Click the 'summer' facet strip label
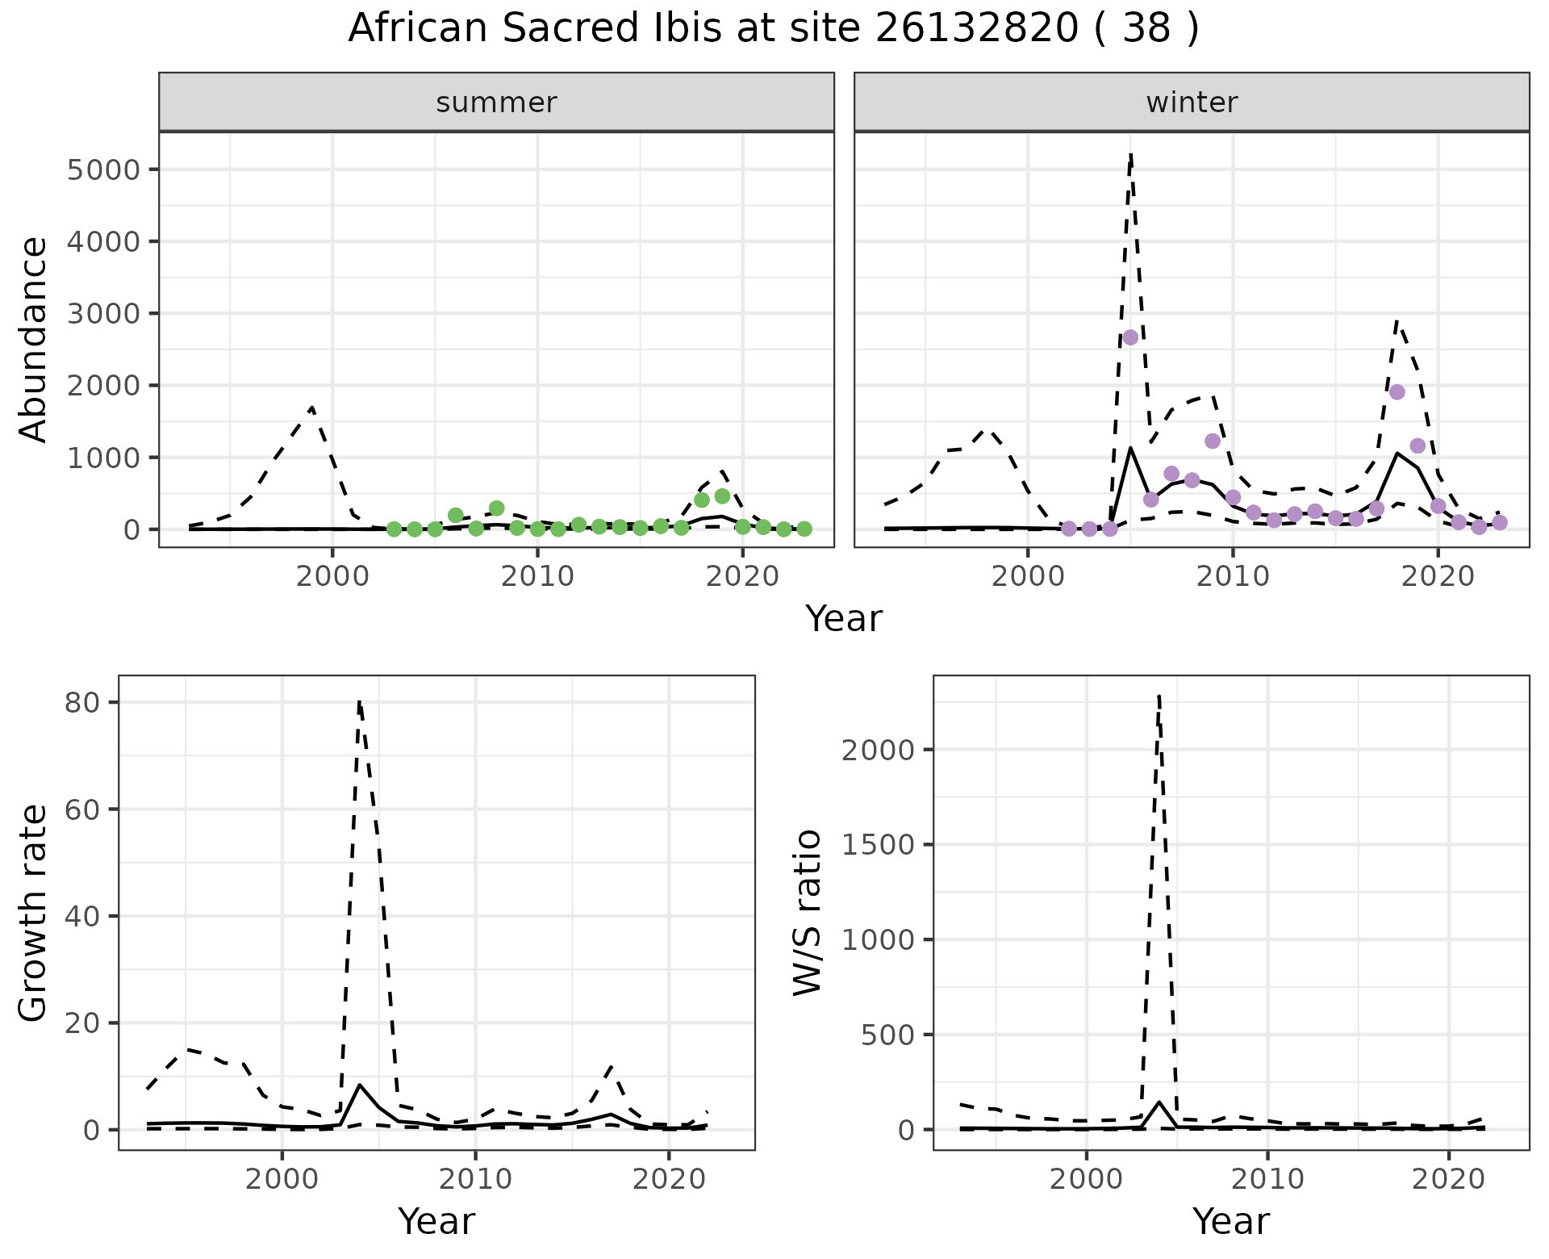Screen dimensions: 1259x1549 [496, 102]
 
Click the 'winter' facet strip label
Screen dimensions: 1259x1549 [1192, 102]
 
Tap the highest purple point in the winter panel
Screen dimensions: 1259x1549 [1130, 337]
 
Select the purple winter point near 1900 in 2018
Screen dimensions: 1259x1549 [1397, 392]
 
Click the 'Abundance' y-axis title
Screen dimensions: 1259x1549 [33, 339]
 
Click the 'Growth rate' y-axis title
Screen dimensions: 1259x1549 [33, 912]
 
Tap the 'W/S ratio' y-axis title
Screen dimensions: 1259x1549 [808, 912]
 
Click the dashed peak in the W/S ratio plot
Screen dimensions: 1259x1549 [1159, 694]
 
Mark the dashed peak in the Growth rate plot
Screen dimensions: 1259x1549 [359, 701]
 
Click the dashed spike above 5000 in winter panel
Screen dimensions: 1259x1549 [1131, 153]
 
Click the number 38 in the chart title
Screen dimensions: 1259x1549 [1146, 29]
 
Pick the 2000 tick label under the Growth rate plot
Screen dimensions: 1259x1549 [282, 1179]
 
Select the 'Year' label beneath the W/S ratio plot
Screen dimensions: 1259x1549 [1230, 1221]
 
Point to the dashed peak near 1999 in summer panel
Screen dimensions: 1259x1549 [311, 407]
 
